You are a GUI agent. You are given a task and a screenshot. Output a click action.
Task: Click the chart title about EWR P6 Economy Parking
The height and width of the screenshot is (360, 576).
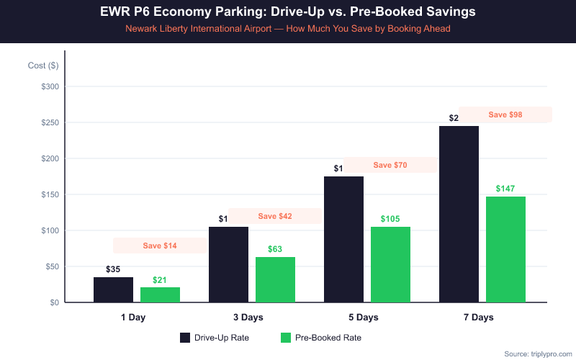coord(288,13)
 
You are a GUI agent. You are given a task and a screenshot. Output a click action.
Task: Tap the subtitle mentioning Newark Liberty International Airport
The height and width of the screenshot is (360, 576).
coord(288,30)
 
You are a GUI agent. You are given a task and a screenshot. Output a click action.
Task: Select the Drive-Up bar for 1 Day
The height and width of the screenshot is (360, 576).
coord(113,289)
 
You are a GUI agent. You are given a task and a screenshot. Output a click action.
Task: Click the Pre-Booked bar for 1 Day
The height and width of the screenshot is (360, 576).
coord(160,294)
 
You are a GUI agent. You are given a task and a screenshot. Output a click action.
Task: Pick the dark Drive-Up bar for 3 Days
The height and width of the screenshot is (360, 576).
coord(228,264)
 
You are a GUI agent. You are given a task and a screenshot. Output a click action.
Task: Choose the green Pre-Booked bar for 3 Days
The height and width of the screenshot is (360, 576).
coord(275,279)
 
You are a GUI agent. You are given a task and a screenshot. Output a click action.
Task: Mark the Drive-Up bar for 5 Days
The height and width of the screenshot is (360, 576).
coord(343,239)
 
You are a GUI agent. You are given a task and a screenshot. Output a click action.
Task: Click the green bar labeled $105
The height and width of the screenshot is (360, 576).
coord(390,264)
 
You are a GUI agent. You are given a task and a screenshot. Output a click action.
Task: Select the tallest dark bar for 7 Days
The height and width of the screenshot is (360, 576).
coord(459,214)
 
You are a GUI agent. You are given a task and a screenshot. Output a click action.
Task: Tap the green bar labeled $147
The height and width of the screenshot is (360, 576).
coord(505,249)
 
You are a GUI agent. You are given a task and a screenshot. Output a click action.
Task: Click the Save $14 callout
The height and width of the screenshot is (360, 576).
coord(160,246)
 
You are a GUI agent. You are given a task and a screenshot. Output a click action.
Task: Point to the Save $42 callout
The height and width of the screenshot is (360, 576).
coord(275,216)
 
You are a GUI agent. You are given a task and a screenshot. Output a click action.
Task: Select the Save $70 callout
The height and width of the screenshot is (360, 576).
coord(390,165)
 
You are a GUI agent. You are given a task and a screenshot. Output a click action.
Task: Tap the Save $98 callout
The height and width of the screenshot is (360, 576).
coord(505,114)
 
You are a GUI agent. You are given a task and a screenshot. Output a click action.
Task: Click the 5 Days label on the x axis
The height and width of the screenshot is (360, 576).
coord(366,318)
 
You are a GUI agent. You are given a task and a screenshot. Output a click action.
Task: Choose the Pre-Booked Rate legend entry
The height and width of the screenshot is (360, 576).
coord(321,338)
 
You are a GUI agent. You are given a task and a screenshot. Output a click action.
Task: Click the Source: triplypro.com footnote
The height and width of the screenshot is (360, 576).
coord(536,354)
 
